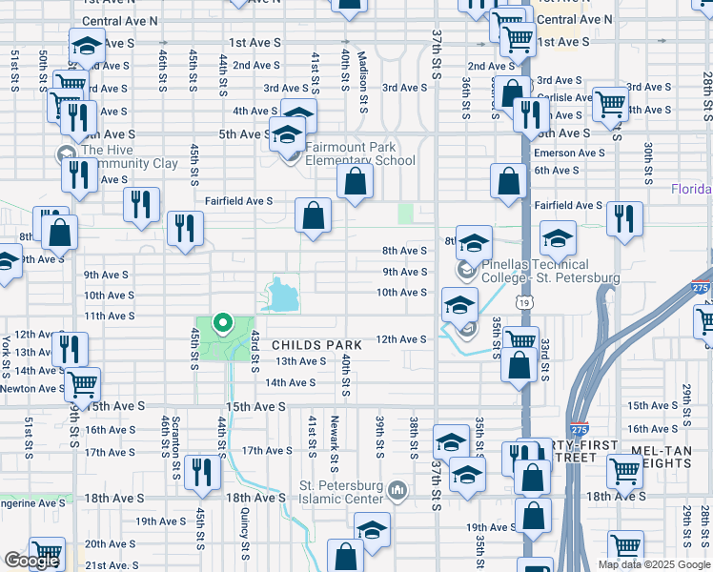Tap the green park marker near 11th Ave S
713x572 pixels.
tap(224, 325)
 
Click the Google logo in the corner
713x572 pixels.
tap(31, 561)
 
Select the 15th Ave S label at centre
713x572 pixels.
tap(255, 407)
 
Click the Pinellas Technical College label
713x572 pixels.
tap(551, 271)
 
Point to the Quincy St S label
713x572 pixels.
tap(245, 534)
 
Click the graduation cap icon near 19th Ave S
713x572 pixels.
tap(372, 529)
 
